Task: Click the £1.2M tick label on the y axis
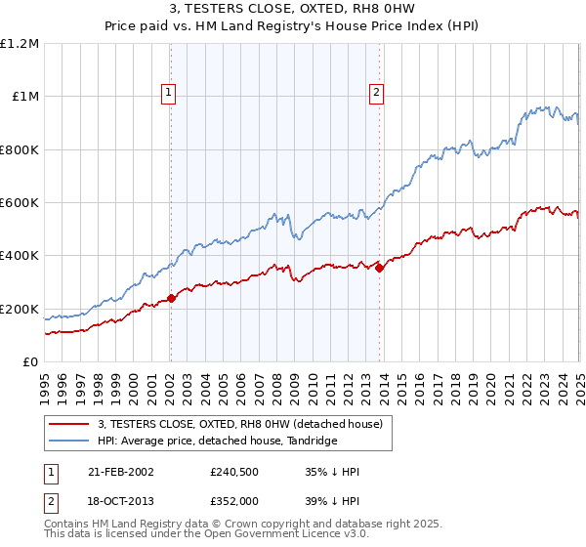21,44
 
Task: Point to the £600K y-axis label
21,203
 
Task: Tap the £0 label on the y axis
31,362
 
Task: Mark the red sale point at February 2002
171,298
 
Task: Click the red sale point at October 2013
379,269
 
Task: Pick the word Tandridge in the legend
312,442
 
